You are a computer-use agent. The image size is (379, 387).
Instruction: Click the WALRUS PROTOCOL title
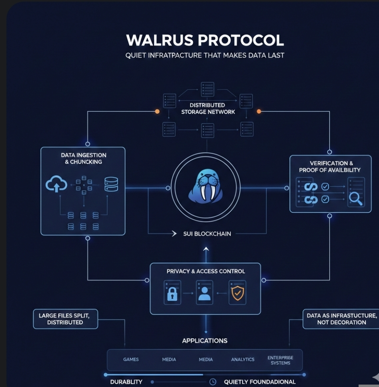(205, 40)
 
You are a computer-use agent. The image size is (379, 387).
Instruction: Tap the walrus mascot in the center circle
(206, 185)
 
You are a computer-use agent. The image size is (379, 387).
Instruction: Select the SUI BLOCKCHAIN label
(207, 234)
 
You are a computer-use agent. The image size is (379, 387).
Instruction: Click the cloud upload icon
(56, 184)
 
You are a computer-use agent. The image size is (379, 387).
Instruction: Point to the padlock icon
(172, 294)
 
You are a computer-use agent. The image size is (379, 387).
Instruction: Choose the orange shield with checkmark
(237, 293)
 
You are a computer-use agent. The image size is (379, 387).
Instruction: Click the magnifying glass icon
(355, 199)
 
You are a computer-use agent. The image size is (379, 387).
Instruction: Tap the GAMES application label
(131, 359)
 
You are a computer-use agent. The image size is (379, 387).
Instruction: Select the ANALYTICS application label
(243, 359)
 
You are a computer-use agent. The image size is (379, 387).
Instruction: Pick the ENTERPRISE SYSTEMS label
(281, 360)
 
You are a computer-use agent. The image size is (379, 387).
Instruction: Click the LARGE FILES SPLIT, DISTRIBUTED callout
(65, 319)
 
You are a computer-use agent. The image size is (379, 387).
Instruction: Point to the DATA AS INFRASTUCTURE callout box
(341, 319)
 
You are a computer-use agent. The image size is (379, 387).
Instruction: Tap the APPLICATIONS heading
(205, 341)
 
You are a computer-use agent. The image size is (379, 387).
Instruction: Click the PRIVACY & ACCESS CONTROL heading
(206, 271)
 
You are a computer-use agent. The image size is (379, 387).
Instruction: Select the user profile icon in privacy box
(205, 293)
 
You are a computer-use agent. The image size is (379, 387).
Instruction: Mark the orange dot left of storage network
(157, 111)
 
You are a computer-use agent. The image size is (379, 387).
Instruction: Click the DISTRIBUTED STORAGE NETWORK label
(208, 109)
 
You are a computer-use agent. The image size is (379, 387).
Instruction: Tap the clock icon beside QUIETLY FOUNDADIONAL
(213, 382)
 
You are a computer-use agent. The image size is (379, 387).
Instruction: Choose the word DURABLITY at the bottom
(126, 382)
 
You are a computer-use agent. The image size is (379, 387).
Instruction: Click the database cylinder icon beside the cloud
(111, 184)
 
